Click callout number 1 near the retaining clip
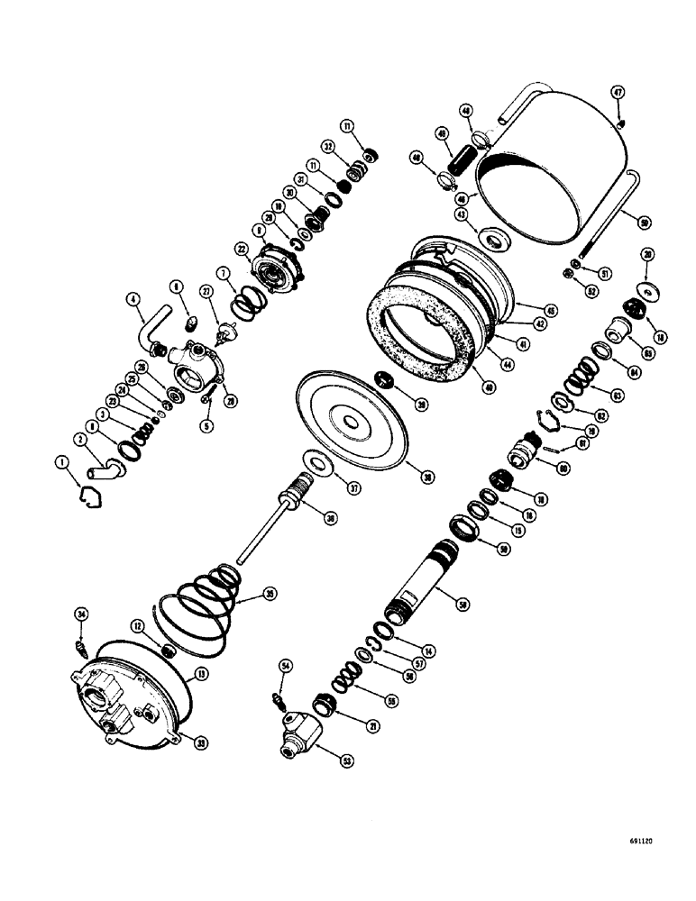pos(62,462)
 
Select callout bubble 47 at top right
pos(618,92)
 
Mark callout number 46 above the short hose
pos(466,111)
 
